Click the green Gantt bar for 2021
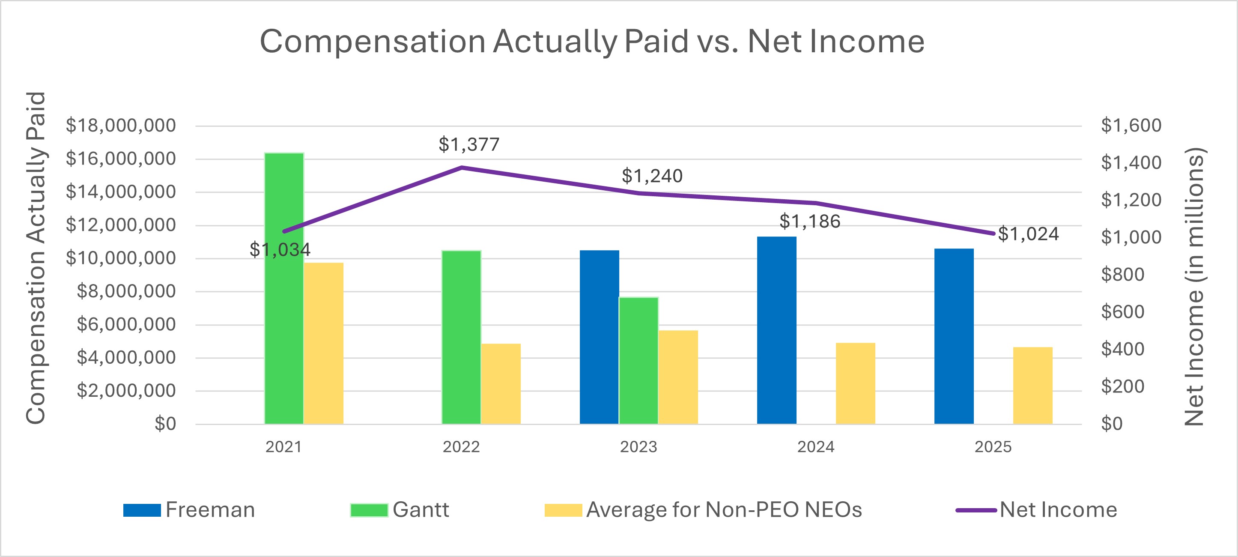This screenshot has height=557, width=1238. pyautogui.click(x=284, y=289)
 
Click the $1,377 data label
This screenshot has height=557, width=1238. pyautogui.click(x=469, y=144)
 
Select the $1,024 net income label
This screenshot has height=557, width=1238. pyautogui.click(x=1028, y=234)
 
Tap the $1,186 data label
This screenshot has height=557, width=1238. pyautogui.click(x=810, y=221)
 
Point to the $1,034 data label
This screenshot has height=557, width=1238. pyautogui.click(x=280, y=249)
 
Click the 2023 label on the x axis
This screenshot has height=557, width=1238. pyautogui.click(x=638, y=447)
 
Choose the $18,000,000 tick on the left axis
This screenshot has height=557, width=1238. pyautogui.click(x=121, y=126)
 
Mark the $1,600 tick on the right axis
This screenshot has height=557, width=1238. pyautogui.click(x=1131, y=126)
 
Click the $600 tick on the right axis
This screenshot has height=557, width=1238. pyautogui.click(x=1122, y=311)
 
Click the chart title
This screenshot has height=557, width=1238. pyautogui.click(x=592, y=42)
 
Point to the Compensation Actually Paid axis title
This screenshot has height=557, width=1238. pyautogui.click(x=36, y=258)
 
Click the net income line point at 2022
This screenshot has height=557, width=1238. pyautogui.click(x=461, y=168)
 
